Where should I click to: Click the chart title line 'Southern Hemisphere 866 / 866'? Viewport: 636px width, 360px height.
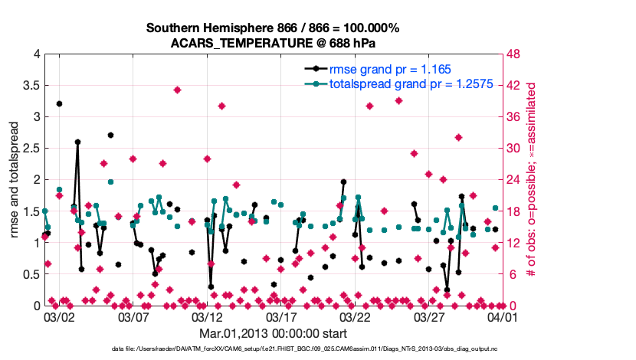(273, 28)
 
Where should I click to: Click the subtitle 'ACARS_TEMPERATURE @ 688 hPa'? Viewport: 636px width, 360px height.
(273, 42)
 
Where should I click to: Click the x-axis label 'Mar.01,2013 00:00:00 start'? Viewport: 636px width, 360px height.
(274, 333)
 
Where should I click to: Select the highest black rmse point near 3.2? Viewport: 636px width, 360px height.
(59, 103)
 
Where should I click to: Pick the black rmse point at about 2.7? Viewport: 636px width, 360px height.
(110, 136)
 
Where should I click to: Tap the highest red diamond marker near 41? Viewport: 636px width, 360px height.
(177, 90)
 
